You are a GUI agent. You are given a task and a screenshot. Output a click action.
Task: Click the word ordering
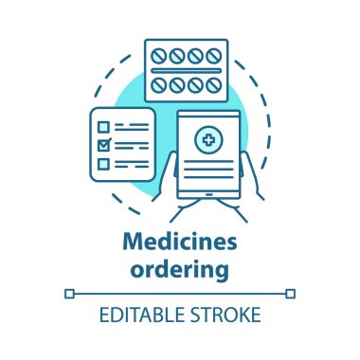tap(180, 270)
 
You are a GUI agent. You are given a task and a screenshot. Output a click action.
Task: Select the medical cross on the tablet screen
tap(207, 141)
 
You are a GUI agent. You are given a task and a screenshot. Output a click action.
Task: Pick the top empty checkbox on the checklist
tap(105, 125)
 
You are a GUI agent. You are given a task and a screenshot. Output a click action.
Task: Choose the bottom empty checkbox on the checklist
tap(105, 166)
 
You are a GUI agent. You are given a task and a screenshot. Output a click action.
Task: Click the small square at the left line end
tap(68, 295)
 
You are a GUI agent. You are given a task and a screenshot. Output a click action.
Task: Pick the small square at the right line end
tap(291, 295)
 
